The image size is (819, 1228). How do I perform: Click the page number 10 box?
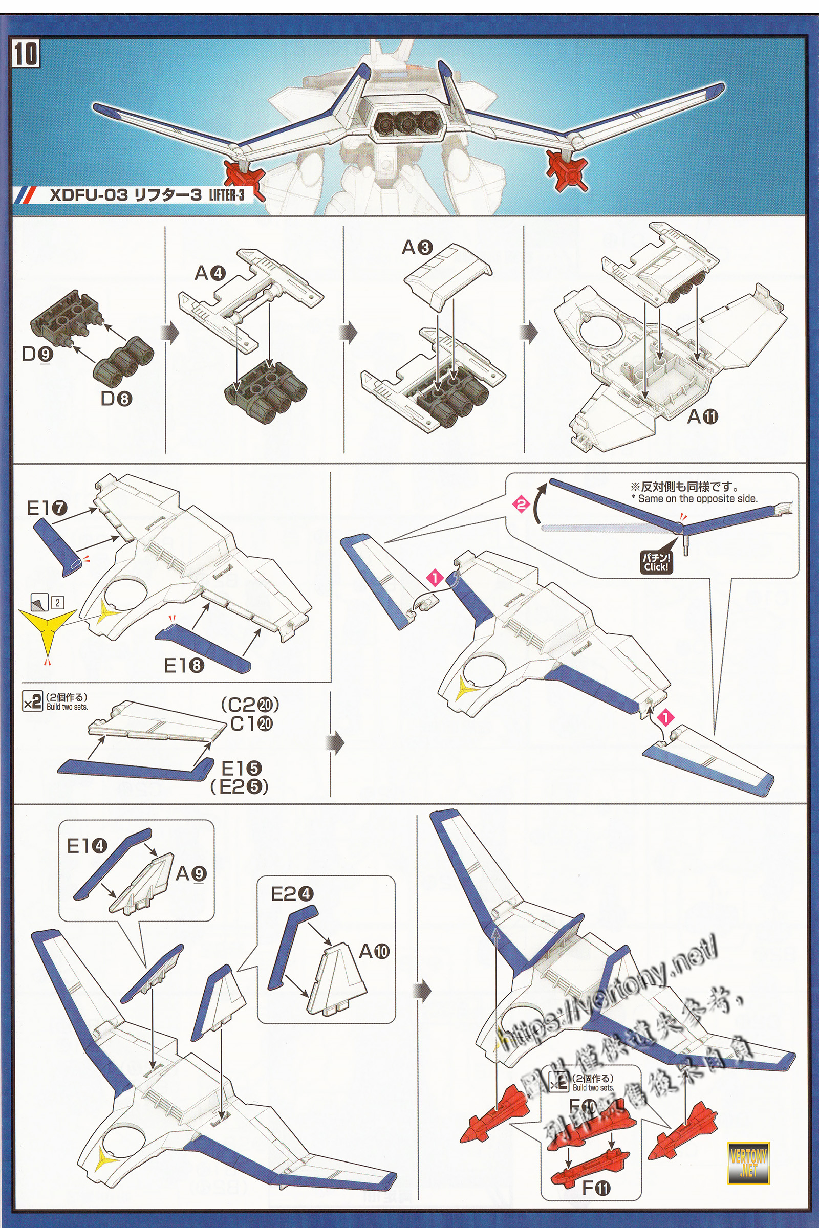(x=26, y=54)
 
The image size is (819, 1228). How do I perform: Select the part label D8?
(x=116, y=399)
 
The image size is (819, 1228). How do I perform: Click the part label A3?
(x=417, y=247)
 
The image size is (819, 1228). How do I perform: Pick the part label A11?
(x=702, y=416)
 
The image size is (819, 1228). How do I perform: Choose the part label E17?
(x=47, y=508)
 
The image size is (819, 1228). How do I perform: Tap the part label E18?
(x=184, y=665)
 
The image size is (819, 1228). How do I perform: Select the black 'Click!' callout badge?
(x=656, y=563)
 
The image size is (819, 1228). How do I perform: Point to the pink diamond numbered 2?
(x=521, y=505)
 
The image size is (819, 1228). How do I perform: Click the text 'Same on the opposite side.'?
(x=697, y=498)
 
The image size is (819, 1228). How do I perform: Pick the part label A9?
(x=191, y=873)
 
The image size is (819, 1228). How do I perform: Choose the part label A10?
(x=374, y=951)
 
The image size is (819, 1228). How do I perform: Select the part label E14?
(x=87, y=846)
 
